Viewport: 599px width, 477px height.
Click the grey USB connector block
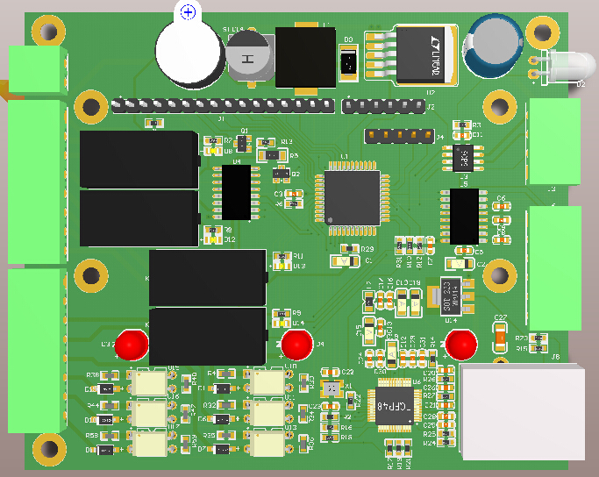[522, 412]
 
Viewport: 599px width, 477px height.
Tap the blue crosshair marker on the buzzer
[188, 11]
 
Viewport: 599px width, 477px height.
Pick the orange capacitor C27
[500, 332]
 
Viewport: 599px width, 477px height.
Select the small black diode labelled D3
[348, 63]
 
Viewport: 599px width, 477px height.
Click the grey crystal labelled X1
[331, 388]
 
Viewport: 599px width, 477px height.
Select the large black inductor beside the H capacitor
[306, 58]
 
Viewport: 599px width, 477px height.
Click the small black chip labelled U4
[237, 194]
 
